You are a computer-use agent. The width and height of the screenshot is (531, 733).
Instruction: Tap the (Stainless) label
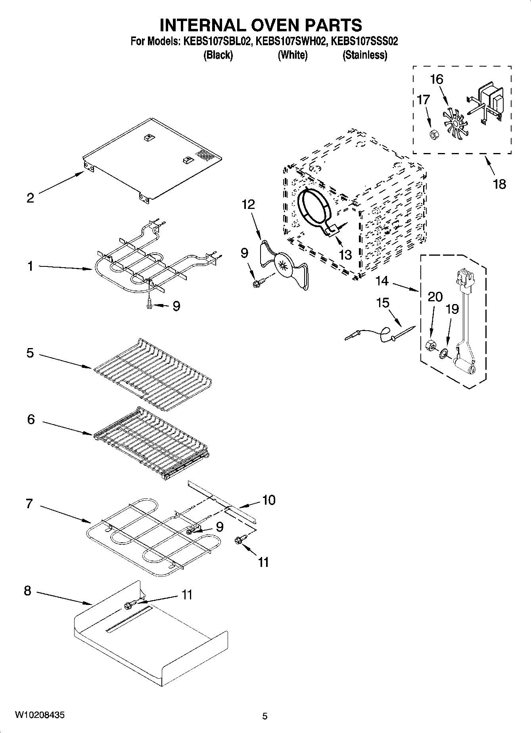[364, 55]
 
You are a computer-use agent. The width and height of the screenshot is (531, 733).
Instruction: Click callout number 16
[436, 79]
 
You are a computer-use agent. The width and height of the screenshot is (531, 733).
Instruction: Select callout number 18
[500, 184]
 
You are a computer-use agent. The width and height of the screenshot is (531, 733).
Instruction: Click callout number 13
[345, 255]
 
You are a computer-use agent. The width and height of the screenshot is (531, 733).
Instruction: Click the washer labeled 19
[443, 351]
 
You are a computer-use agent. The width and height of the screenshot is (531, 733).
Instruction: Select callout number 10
[268, 500]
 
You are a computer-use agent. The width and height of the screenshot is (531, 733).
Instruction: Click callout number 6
[31, 419]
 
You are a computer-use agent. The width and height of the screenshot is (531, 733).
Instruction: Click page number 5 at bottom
[265, 716]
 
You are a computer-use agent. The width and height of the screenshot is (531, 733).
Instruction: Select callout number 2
[30, 198]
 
